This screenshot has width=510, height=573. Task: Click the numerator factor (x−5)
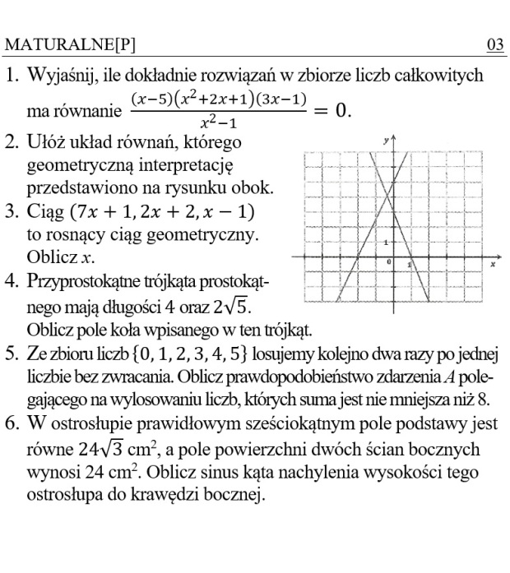tap(151, 100)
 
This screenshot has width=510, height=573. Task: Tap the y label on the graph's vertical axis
tap(387, 141)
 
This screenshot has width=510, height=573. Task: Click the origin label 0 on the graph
tap(390, 261)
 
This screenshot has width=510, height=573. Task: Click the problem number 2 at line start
tap(12, 142)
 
